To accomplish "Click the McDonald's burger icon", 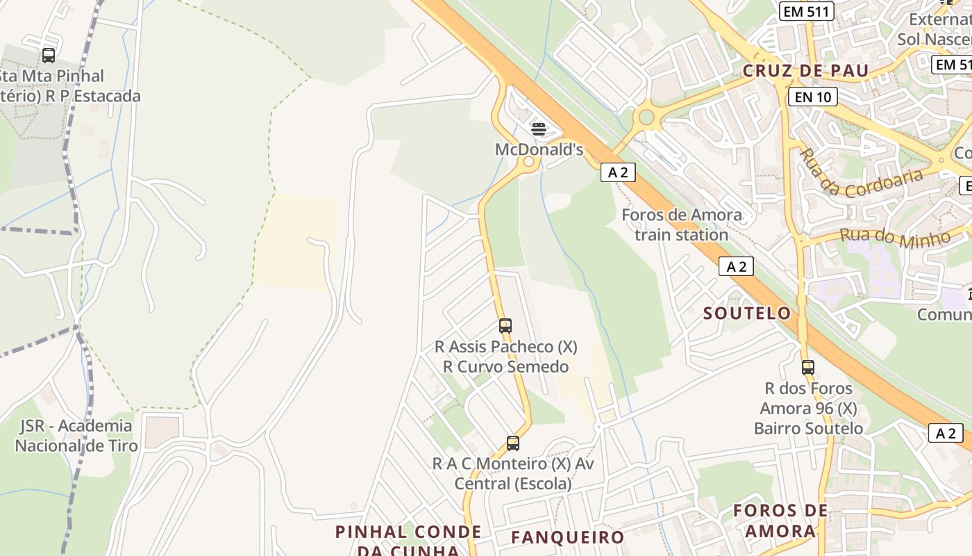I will click(x=539, y=129).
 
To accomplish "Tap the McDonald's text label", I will click(x=539, y=149).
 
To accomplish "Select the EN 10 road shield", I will click(x=813, y=97).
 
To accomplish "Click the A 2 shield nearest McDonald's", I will click(x=618, y=172).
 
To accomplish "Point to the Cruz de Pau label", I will click(x=805, y=71).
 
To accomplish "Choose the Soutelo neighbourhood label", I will click(x=747, y=313).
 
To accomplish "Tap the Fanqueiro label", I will click(x=568, y=537).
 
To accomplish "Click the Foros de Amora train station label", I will click(x=681, y=224).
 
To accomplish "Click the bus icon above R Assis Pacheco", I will click(x=505, y=325).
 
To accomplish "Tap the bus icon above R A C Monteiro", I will click(x=513, y=443).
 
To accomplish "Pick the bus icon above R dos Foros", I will click(x=807, y=367).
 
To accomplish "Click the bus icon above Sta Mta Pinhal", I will click(x=49, y=56).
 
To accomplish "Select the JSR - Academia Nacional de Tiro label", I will click(x=76, y=435).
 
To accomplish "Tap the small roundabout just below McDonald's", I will click(x=529, y=163).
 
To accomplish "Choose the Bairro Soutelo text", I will click(x=808, y=428).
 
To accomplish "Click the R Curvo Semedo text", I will click(x=506, y=366).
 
